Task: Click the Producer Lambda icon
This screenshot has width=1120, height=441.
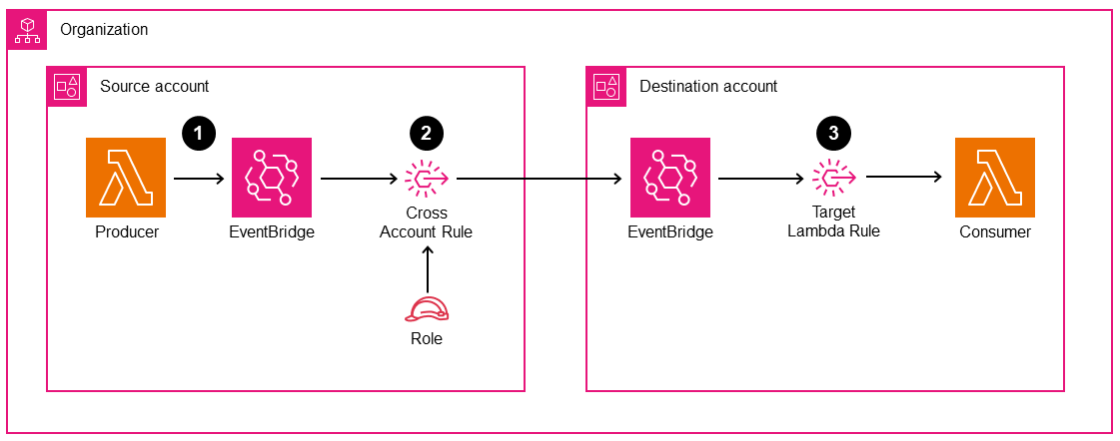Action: click(126, 178)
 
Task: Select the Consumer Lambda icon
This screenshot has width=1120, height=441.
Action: click(994, 178)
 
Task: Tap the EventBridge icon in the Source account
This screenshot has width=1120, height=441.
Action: click(271, 178)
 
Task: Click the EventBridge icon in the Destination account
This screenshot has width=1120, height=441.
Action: click(669, 178)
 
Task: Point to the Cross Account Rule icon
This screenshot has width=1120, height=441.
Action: click(427, 179)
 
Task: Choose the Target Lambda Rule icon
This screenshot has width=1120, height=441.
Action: click(833, 179)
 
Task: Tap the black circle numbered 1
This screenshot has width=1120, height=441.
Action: click(198, 133)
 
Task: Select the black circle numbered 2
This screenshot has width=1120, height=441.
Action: click(427, 133)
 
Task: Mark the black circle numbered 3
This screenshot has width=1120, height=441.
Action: click(833, 133)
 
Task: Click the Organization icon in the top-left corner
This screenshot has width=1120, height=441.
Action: click(27, 30)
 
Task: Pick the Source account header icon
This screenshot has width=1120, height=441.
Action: click(67, 87)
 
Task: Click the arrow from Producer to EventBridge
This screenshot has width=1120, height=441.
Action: click(198, 180)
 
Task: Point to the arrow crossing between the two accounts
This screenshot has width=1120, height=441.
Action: click(540, 180)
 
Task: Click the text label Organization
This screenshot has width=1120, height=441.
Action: click(104, 30)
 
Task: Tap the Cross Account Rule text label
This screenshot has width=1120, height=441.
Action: click(427, 222)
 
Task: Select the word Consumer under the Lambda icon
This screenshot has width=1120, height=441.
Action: click(994, 232)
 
